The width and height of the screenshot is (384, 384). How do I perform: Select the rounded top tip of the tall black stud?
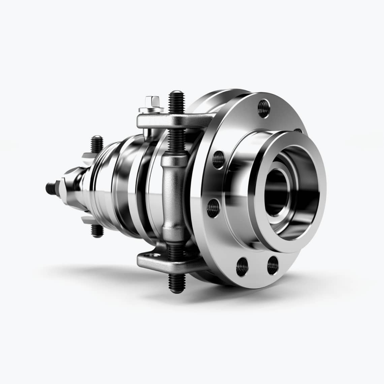coord(175,93)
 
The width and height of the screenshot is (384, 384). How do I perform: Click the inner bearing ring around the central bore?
coord(269,175)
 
